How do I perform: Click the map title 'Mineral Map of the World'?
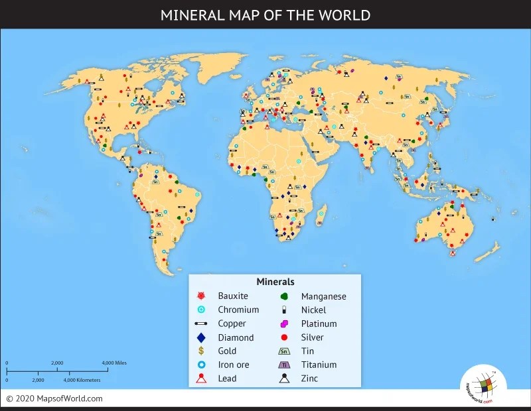pyautogui.click(x=265, y=15)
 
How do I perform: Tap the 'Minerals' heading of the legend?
pyautogui.click(x=275, y=282)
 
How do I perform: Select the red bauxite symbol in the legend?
pyautogui.click(x=202, y=296)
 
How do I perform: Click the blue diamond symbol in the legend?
pyautogui.click(x=202, y=337)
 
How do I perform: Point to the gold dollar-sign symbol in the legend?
pyautogui.click(x=202, y=351)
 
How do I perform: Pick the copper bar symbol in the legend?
pyautogui.click(x=202, y=323)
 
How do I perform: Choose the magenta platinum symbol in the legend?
pyautogui.click(x=284, y=323)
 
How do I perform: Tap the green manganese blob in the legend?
pyautogui.click(x=284, y=296)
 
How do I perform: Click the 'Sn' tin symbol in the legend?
pyautogui.click(x=284, y=351)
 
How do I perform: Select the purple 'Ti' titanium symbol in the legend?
pyautogui.click(x=284, y=365)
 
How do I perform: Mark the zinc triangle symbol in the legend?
pyautogui.click(x=284, y=379)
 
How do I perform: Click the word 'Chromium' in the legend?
pyautogui.click(x=238, y=310)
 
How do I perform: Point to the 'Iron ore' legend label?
pyautogui.click(x=235, y=365)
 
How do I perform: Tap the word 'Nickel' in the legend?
pyautogui.click(x=314, y=310)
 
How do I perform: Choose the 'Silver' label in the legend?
pyautogui.click(x=313, y=337)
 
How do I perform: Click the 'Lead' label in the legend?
pyautogui.click(x=228, y=379)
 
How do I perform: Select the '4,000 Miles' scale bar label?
pyautogui.click(x=114, y=363)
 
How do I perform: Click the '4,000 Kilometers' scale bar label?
pyautogui.click(x=82, y=381)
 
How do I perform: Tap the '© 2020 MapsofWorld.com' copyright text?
pyautogui.click(x=54, y=398)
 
